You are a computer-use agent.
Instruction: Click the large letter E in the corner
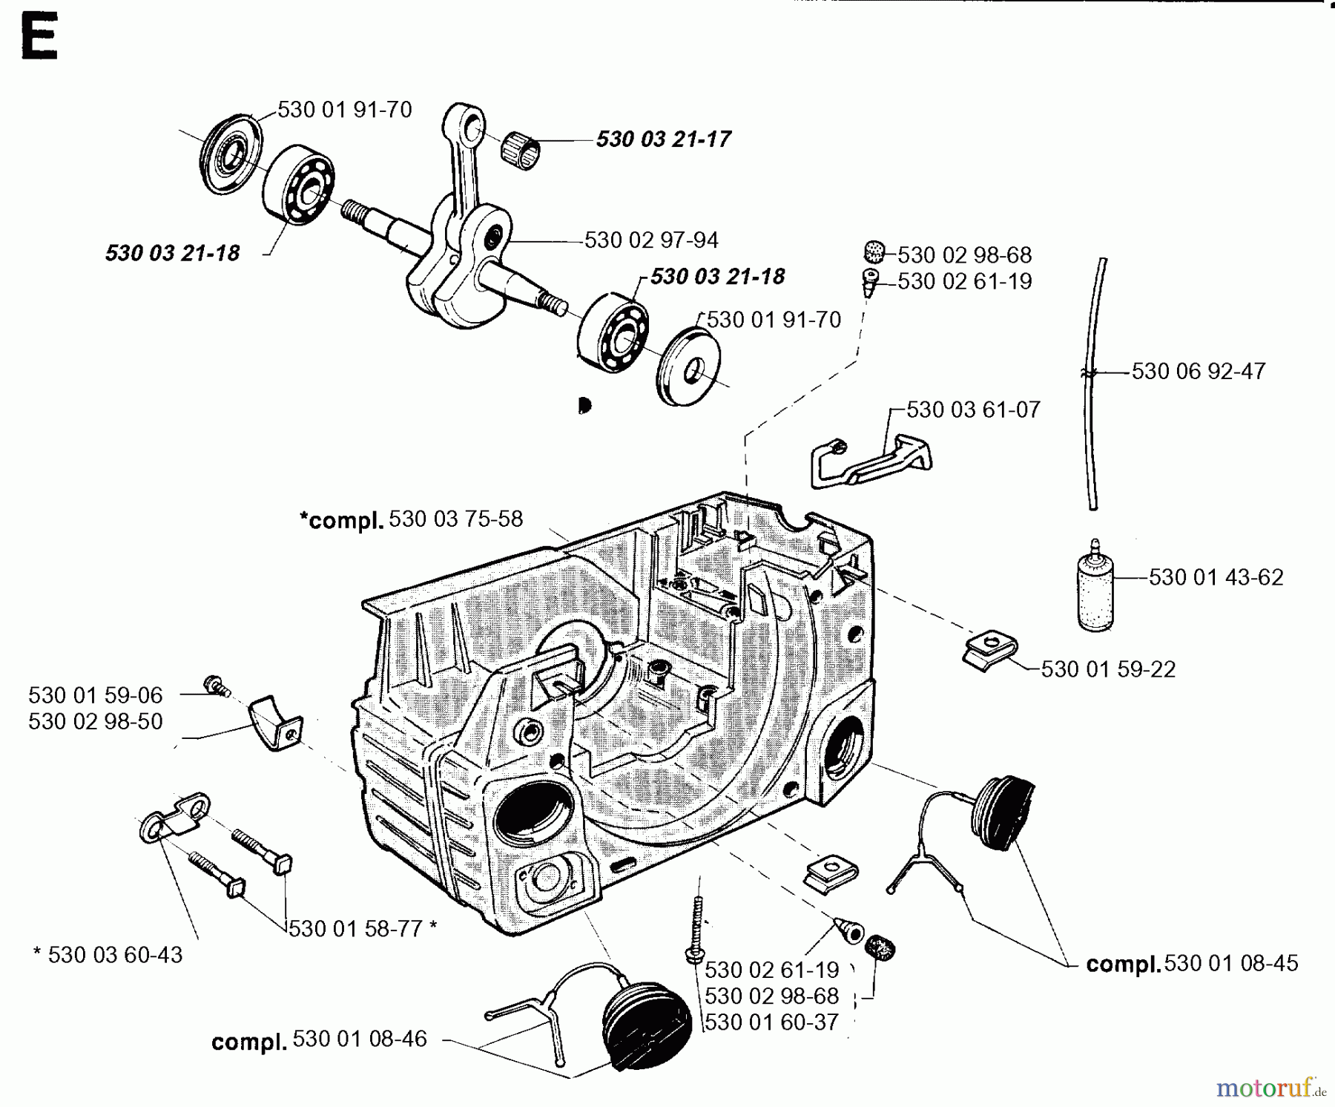click(39, 39)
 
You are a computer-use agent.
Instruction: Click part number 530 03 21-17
click(663, 139)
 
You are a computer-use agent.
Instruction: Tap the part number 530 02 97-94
click(650, 240)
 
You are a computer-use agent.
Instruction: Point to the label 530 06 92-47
click(1198, 371)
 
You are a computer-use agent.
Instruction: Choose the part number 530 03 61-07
click(973, 410)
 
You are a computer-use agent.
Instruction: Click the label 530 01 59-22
click(1108, 669)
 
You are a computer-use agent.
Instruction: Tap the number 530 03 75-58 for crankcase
click(455, 519)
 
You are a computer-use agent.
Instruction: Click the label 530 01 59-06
click(95, 695)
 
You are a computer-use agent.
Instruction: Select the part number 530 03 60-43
click(114, 954)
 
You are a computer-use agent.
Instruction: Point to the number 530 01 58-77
click(355, 928)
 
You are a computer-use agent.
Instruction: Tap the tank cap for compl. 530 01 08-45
click(1003, 812)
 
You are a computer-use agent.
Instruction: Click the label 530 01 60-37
click(771, 1022)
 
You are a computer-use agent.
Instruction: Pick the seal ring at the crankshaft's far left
click(231, 154)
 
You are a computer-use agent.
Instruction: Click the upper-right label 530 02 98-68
click(964, 255)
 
